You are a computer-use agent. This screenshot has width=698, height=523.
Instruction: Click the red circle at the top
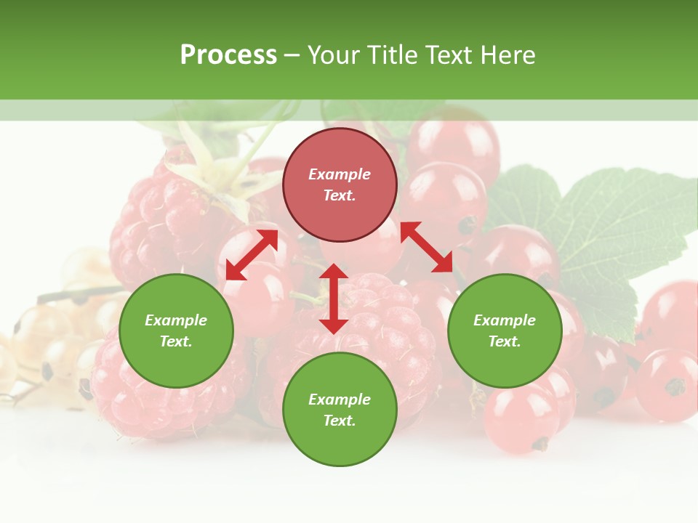pyautogui.click(x=340, y=185)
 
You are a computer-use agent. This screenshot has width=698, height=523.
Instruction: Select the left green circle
pyautogui.click(x=176, y=331)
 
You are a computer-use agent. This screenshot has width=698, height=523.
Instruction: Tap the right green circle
pyautogui.click(x=505, y=331)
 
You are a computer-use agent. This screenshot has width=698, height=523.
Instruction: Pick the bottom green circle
pyautogui.click(x=340, y=410)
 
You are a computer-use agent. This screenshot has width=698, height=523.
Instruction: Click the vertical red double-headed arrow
pyautogui.click(x=334, y=299)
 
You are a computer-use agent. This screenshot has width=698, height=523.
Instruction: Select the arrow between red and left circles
pyautogui.click(x=252, y=255)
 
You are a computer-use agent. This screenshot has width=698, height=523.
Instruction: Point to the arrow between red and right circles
pyautogui.click(x=426, y=247)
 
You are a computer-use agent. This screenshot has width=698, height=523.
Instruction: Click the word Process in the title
pyautogui.click(x=228, y=54)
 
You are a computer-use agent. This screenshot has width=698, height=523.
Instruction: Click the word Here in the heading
pyautogui.click(x=509, y=54)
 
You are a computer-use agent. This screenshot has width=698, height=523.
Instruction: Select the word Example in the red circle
pyautogui.click(x=340, y=174)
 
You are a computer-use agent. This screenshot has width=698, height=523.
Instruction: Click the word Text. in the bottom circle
pyautogui.click(x=340, y=421)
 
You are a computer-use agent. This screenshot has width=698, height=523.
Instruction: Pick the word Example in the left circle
pyautogui.click(x=176, y=320)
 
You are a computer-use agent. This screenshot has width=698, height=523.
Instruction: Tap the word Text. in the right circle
pyautogui.click(x=505, y=341)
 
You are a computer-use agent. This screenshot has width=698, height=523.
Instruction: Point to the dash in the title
pyautogui.click(x=292, y=55)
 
